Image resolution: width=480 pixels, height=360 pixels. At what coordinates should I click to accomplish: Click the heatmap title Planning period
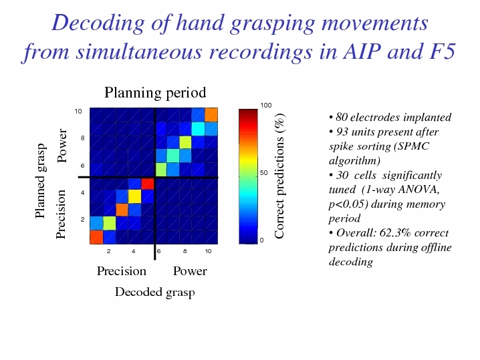(155, 93)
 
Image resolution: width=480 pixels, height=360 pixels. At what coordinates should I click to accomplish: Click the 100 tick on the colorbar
(266, 106)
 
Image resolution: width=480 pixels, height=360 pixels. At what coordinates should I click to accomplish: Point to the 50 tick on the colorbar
(263, 173)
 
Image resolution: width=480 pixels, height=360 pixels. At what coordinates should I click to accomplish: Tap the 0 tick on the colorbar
(262, 240)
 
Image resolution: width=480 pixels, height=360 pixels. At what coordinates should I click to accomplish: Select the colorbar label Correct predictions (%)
(280, 176)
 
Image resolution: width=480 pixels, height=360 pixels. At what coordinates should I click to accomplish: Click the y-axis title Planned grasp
(40, 181)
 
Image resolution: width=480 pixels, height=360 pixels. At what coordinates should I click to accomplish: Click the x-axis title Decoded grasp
(155, 292)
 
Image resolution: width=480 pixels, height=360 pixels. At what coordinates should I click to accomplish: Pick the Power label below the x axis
(190, 271)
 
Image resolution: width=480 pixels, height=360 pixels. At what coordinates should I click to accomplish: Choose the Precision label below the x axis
(122, 271)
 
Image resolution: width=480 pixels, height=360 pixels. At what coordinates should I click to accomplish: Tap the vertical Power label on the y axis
(62, 146)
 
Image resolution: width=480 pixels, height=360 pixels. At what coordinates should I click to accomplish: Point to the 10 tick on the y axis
(78, 112)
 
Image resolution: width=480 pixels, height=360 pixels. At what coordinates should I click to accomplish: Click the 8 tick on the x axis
(185, 251)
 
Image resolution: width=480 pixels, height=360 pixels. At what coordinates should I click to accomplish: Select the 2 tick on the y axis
(83, 219)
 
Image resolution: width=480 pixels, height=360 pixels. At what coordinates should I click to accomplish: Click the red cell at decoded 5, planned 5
(147, 184)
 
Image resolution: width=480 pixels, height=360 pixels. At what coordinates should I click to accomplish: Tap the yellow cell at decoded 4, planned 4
(134, 196)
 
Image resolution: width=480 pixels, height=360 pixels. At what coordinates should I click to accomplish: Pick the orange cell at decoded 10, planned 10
(211, 115)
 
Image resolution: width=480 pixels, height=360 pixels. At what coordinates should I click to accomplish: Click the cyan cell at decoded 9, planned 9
(199, 129)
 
